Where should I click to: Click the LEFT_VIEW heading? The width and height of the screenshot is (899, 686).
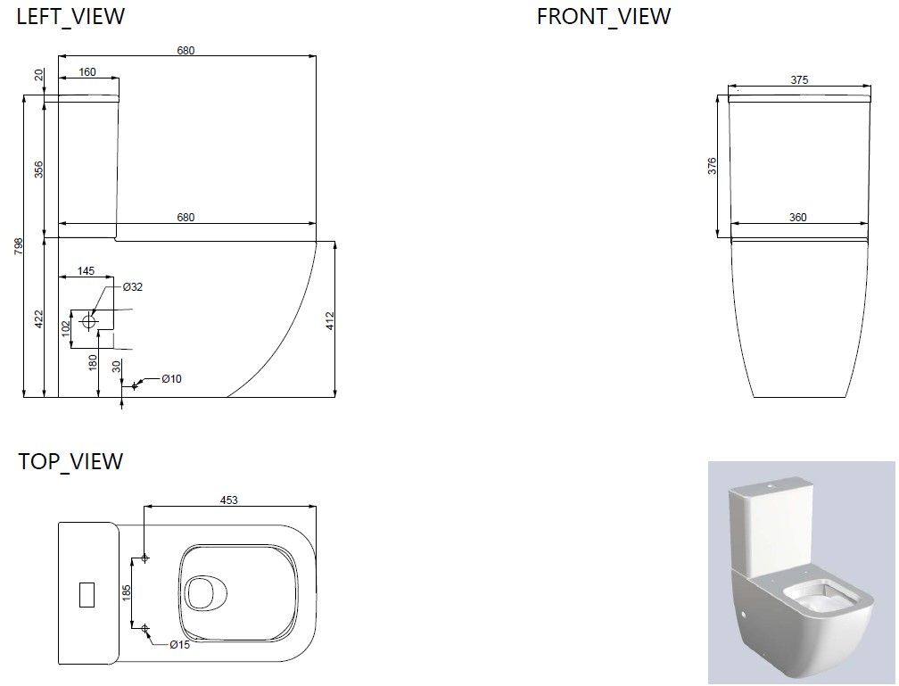70,16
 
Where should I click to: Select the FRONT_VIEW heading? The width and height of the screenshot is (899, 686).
603,16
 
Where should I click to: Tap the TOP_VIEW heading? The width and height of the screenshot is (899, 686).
70,461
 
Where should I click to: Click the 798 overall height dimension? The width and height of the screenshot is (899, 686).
19,246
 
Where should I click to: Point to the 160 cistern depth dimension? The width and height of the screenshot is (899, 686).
87,71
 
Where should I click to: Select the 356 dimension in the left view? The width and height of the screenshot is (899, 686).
38,169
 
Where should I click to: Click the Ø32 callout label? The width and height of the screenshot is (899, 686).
132,286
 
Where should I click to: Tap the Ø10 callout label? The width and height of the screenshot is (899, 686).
171,378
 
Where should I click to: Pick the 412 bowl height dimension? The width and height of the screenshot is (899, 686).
330,321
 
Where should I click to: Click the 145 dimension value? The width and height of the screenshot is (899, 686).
86,270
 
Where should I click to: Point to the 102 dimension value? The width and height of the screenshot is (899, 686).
66,328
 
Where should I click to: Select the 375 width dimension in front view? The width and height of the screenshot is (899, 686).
799,79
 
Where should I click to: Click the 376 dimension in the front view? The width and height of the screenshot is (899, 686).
712,166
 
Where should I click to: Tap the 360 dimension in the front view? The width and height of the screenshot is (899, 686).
797,218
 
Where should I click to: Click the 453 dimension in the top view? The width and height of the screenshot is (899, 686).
228,500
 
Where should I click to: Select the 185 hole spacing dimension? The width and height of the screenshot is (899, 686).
127,593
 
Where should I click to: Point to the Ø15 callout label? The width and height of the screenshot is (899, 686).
179,645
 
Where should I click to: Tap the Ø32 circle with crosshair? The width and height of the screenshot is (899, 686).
88,321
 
